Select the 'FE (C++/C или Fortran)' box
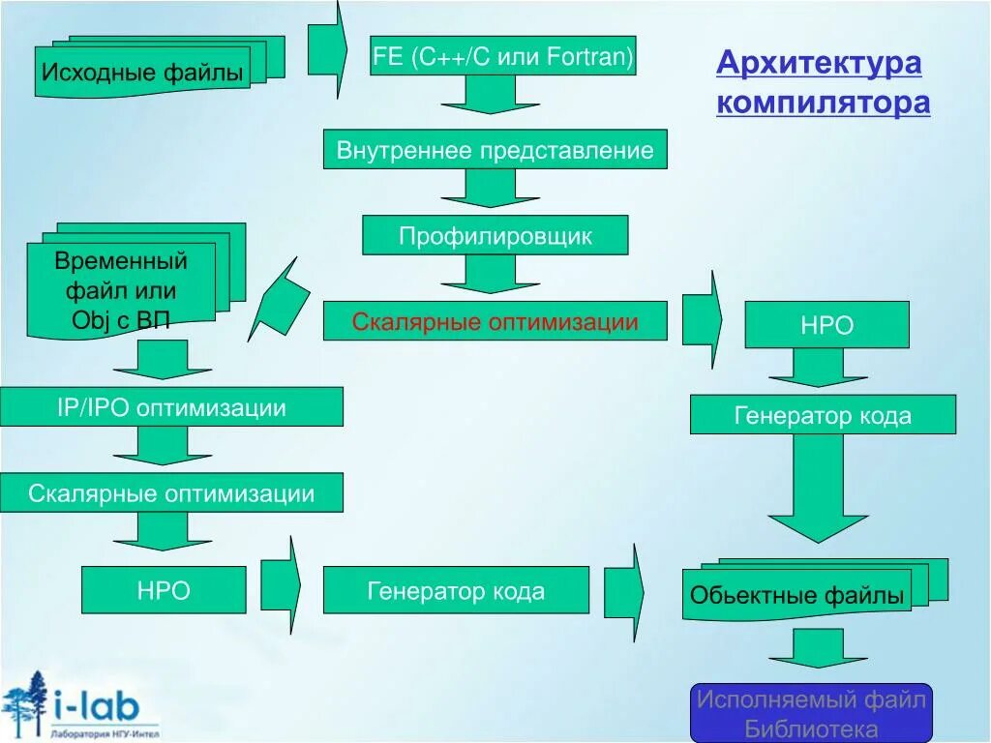(503, 57)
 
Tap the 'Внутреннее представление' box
(495, 150)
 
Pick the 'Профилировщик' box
(495, 235)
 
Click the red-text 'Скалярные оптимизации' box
(495, 321)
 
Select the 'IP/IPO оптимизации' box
(171, 407)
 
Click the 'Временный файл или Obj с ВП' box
(121, 289)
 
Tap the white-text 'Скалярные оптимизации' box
(171, 493)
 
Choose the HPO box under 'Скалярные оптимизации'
(164, 590)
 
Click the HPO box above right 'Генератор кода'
(826, 325)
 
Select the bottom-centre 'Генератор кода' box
(456, 590)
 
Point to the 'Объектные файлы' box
(797, 595)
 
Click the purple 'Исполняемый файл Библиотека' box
(811, 713)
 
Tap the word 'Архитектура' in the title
(819, 64)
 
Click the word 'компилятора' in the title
(823, 102)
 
